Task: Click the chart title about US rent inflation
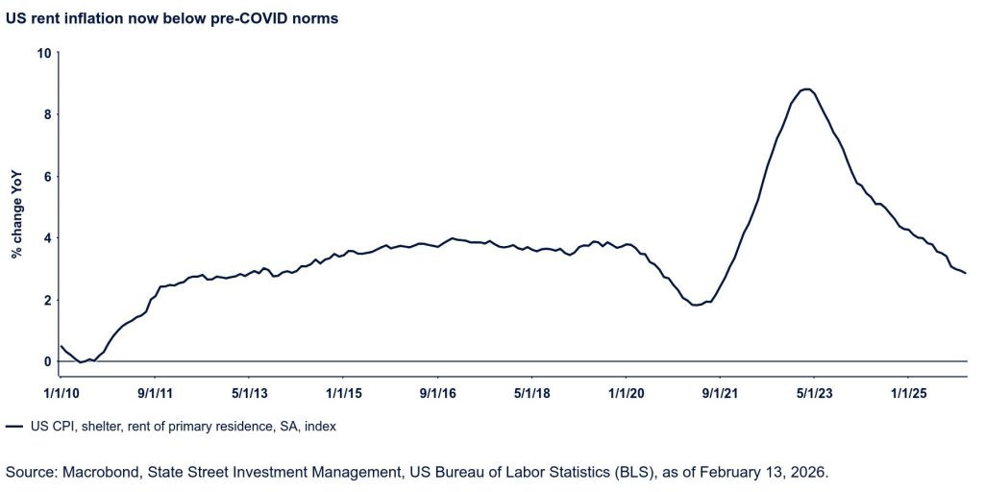[x=172, y=18]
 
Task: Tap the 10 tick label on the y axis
[x=42, y=53]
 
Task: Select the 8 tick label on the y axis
[x=45, y=114]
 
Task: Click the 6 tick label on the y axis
[x=45, y=176]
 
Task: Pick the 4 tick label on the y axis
[x=45, y=238]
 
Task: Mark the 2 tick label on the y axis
[x=45, y=300]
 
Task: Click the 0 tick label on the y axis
[x=45, y=361]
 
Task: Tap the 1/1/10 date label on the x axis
[x=60, y=393]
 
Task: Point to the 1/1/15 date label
[x=343, y=393]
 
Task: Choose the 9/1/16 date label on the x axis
[x=437, y=393]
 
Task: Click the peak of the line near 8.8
[x=808, y=89]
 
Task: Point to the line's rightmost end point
[x=966, y=274]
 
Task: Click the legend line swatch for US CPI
[x=14, y=426]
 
